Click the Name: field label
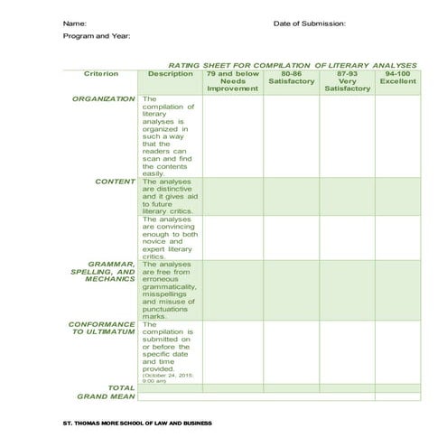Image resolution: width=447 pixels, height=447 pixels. [x=74, y=23]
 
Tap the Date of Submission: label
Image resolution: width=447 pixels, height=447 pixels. [x=309, y=23]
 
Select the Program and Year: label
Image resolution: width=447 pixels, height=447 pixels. [x=97, y=36]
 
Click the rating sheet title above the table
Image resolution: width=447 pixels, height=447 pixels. [x=293, y=66]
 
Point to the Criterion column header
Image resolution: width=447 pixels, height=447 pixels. [x=101, y=74]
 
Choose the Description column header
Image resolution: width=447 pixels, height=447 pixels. [x=171, y=74]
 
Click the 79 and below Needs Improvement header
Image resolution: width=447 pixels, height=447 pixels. [x=232, y=81]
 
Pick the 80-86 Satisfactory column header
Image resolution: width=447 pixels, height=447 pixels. [x=291, y=78]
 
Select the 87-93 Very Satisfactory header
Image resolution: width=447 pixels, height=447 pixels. [x=348, y=81]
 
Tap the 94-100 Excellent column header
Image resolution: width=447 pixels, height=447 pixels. [x=397, y=78]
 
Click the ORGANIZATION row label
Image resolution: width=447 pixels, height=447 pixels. [x=103, y=99]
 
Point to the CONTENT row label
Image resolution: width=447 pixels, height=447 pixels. [x=115, y=182]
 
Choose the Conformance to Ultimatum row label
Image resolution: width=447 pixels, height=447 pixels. [x=102, y=328]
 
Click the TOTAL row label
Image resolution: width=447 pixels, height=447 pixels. [x=121, y=388]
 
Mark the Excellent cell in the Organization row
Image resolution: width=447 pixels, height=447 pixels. [x=397, y=135]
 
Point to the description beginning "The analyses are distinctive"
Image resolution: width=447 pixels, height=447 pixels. [x=170, y=196]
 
